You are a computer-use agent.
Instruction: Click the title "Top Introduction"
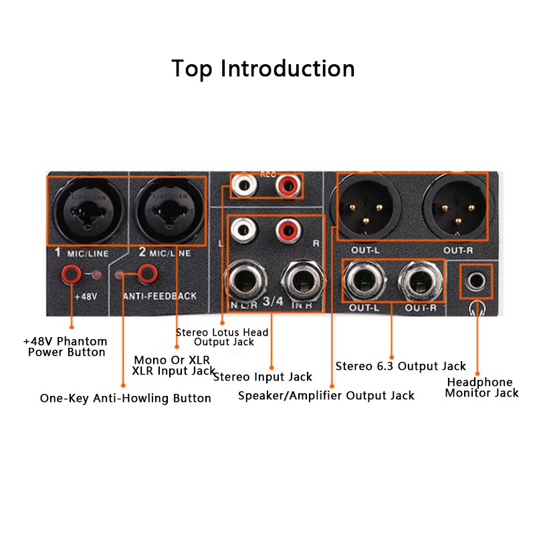(263, 69)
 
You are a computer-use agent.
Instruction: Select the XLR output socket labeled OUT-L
(365, 206)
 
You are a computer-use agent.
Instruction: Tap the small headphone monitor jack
(477, 280)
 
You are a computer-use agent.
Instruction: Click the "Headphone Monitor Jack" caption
(481, 388)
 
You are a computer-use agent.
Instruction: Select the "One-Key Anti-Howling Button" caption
(126, 399)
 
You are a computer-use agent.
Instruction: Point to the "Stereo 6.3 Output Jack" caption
(401, 366)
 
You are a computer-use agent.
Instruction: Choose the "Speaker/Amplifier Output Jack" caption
(326, 396)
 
